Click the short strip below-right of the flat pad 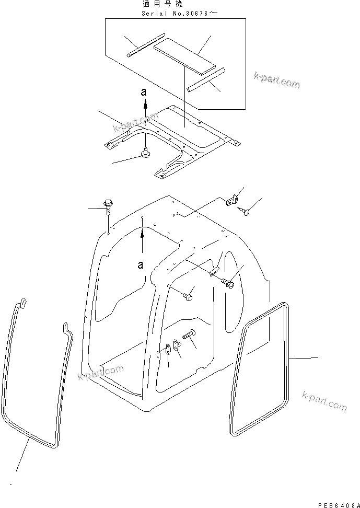tap(206, 78)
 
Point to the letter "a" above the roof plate tap(146, 92)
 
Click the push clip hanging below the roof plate tap(144, 154)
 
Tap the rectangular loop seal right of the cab tap(260, 368)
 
